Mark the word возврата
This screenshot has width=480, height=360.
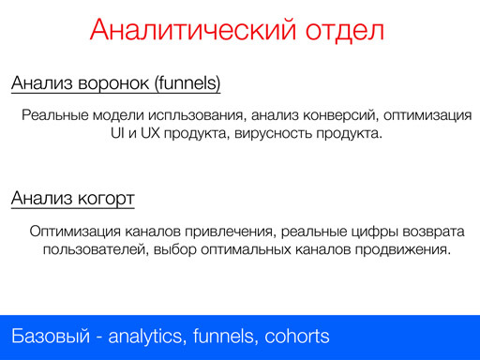point(431,232)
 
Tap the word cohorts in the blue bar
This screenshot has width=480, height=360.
point(297,337)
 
